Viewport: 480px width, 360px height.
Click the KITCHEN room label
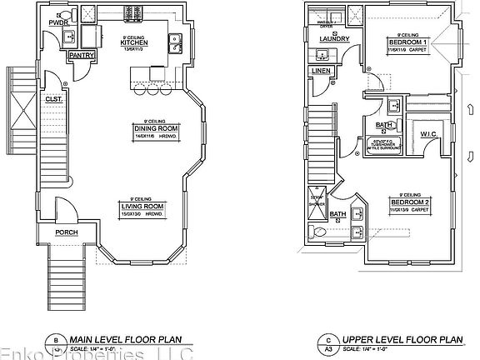click(134, 42)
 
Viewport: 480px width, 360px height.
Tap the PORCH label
click(67, 232)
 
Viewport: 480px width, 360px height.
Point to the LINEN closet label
click(320, 71)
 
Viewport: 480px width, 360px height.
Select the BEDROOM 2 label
click(408, 202)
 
